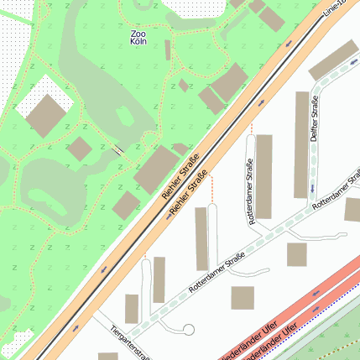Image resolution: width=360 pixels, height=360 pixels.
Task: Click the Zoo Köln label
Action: pyautogui.click(x=138, y=38)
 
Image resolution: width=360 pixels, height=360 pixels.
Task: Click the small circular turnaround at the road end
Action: pyautogui.click(x=189, y=330)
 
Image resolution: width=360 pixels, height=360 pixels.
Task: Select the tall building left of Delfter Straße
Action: pyautogui.click(x=302, y=144)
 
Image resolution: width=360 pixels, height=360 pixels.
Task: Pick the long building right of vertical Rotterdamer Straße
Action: pyautogui.click(x=264, y=176)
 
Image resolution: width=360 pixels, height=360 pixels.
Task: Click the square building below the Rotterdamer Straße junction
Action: pyautogui.click(x=298, y=254)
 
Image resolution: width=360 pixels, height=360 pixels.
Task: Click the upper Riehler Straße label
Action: pyautogui.click(x=180, y=176)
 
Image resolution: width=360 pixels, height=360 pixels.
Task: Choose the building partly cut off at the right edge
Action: pyautogui.click(x=352, y=209)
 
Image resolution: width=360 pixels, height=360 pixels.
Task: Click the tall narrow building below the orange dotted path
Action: pyautogui.click(x=201, y=238)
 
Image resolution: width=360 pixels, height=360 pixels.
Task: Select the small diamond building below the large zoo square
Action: pyautogui.click(x=79, y=150)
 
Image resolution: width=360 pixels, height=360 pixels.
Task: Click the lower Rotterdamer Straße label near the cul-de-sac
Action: pyautogui.click(x=216, y=273)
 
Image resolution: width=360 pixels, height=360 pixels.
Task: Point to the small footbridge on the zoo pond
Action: pyautogui.click(x=120, y=150)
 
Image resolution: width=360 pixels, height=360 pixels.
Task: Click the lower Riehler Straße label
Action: pyautogui.click(x=189, y=194)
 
